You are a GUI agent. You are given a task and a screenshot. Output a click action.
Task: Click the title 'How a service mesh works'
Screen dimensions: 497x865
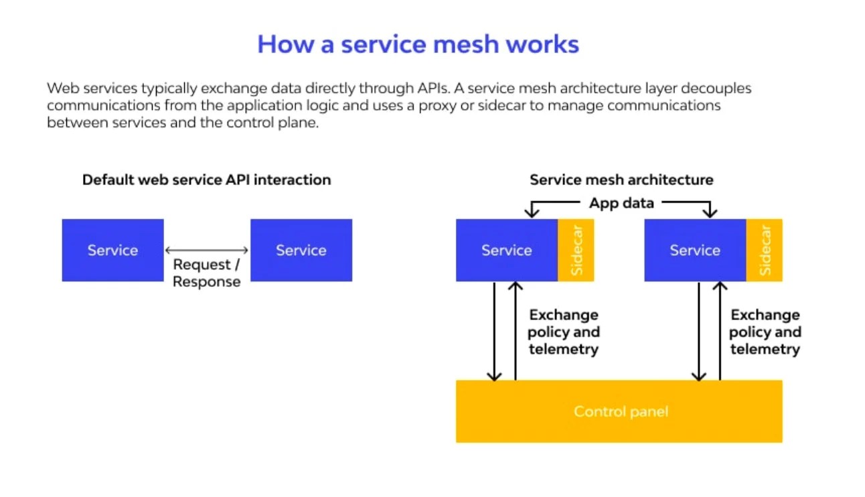pos(418,44)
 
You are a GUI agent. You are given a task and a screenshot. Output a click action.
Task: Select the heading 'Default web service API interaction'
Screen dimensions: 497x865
pos(206,180)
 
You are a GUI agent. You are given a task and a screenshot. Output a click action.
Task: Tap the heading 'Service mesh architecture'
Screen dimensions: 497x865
pos(621,180)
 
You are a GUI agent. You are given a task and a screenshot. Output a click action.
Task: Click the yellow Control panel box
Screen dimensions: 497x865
pos(619,411)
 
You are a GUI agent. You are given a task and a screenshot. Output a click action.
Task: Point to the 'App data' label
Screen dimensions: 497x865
pos(621,203)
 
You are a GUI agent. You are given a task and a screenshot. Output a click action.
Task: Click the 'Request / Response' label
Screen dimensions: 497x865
pos(206,273)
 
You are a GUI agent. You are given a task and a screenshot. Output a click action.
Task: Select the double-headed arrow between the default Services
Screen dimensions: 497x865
pos(207,251)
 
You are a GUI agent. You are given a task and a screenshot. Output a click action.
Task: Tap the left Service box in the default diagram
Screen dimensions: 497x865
pos(112,250)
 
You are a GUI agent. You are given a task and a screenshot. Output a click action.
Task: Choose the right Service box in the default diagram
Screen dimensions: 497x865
pos(301,250)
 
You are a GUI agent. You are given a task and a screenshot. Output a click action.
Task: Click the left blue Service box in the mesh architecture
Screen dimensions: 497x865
pos(507,250)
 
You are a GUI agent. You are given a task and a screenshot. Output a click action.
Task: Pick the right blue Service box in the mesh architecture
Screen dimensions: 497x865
pos(695,250)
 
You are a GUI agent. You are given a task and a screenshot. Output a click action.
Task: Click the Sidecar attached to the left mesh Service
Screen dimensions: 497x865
pos(576,250)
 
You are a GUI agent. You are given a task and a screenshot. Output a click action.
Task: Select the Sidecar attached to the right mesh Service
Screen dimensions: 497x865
pos(765,250)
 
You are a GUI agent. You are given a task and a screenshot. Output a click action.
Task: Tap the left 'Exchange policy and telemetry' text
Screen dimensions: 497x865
pos(563,332)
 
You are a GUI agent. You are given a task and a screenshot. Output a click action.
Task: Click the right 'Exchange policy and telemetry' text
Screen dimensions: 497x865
pos(765,332)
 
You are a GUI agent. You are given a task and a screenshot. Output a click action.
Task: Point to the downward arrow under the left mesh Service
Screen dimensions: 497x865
pos(494,332)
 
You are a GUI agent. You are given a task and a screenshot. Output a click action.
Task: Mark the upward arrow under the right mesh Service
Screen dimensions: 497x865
pos(720,332)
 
